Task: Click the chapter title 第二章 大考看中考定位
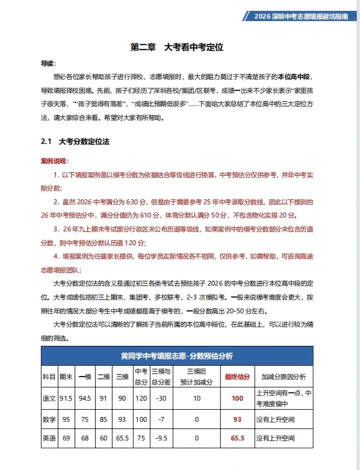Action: (x=181, y=46)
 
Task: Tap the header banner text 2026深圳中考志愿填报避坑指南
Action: (x=300, y=16)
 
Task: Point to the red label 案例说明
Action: (x=54, y=161)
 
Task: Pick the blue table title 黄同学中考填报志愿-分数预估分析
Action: (x=176, y=355)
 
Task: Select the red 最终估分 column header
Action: (x=237, y=377)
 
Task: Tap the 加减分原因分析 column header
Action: (x=283, y=377)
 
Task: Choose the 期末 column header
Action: (x=66, y=377)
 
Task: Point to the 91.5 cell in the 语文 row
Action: (x=66, y=398)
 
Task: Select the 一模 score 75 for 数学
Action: (x=85, y=419)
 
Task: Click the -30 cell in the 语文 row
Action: (x=161, y=398)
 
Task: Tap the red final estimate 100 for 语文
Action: (x=237, y=398)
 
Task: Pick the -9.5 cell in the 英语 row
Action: (x=161, y=438)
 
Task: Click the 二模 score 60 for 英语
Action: (x=104, y=438)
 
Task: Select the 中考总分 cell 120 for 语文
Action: (x=141, y=398)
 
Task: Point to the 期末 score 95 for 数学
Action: (x=66, y=419)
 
